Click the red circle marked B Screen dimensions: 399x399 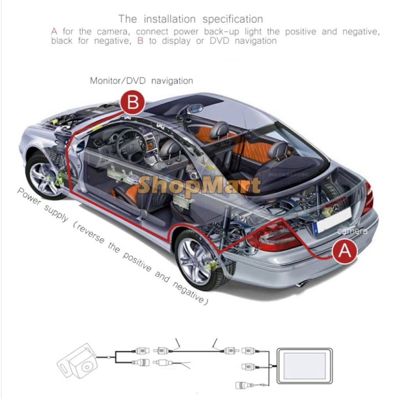point(132,103)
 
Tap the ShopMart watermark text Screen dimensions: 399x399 point(199,186)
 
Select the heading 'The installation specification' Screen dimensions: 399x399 point(191,19)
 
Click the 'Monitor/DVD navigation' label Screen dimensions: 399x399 point(141,81)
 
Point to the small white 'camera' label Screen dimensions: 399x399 point(352,231)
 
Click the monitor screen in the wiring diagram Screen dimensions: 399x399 point(304,366)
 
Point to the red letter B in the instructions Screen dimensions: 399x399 point(140,41)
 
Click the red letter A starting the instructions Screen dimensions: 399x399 point(54,32)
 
